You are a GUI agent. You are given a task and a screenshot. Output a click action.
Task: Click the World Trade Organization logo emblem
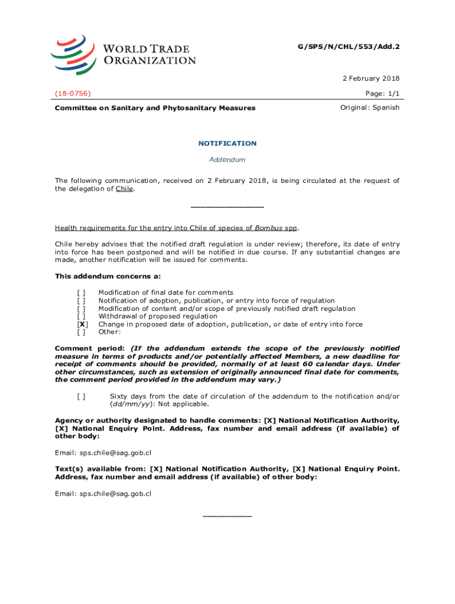73,54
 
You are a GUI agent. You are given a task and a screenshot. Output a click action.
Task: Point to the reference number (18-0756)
74,93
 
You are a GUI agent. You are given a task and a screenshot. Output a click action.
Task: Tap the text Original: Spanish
370,107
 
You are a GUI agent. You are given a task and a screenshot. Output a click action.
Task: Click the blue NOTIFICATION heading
227,143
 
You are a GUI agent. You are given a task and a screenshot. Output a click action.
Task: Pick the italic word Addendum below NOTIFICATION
227,160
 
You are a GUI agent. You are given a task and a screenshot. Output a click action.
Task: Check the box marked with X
83,324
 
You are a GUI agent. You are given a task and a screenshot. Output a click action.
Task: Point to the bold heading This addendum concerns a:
108,276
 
